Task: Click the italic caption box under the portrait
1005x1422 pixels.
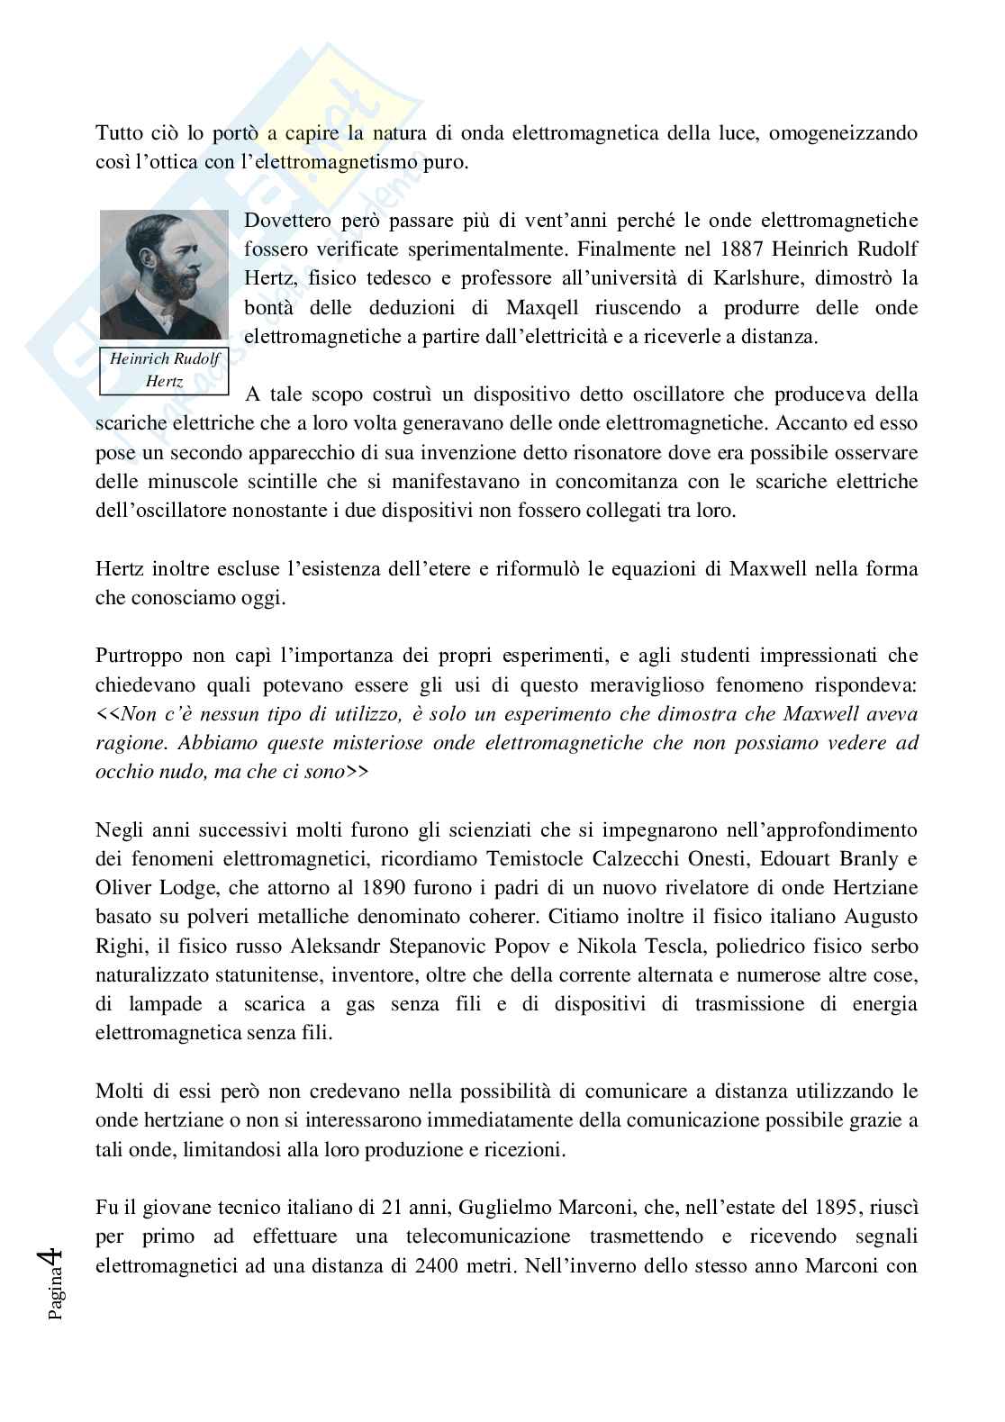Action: [164, 370]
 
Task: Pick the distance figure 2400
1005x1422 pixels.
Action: [440, 1264]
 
